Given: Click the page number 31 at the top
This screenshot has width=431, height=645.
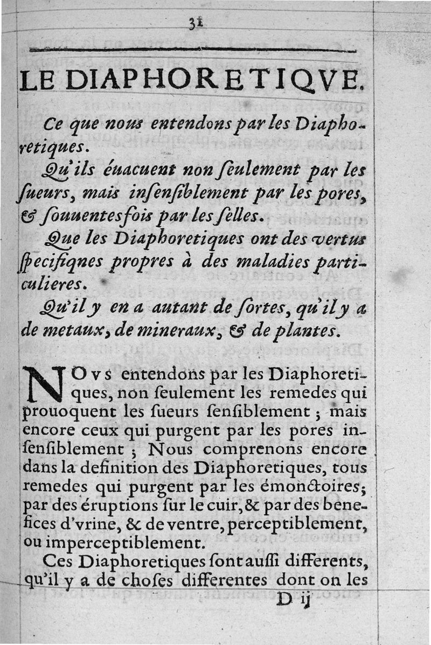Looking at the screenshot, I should [x=194, y=23].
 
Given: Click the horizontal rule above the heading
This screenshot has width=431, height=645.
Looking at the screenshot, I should [x=192, y=51].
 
